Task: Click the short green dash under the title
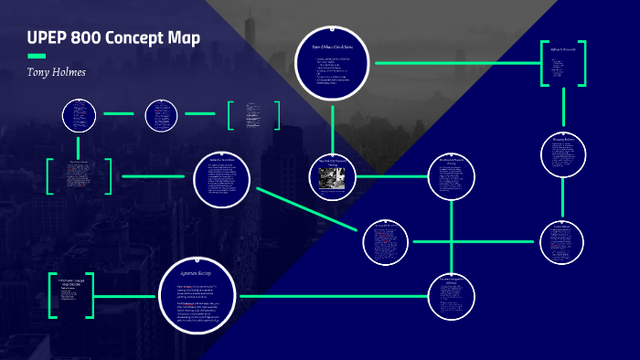[37, 56]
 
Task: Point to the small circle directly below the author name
[78, 115]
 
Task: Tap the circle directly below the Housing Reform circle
[567, 242]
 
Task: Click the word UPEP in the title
[46, 38]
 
